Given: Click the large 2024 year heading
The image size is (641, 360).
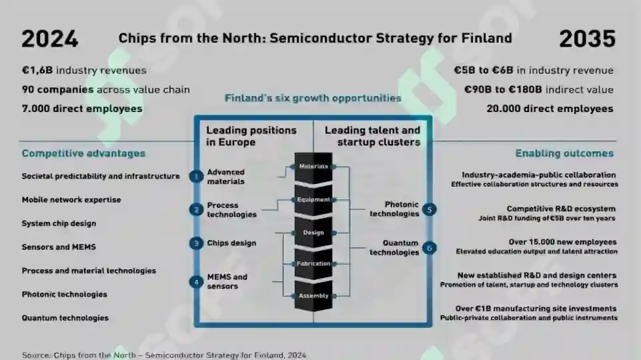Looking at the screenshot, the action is [x=50, y=39].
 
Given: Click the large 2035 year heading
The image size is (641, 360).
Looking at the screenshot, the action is [x=587, y=39].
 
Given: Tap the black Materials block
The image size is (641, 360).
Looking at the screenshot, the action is [x=313, y=167].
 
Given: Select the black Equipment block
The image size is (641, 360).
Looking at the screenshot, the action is [x=313, y=200].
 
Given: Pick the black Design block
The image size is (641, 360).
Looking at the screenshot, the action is [x=313, y=233].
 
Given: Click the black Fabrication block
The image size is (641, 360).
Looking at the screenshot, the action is [x=313, y=264].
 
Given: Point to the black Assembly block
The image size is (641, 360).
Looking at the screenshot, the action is [x=313, y=296].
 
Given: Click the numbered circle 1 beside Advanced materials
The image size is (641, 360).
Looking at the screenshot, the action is [x=196, y=177].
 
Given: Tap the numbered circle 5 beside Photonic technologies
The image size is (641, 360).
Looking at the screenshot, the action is [x=430, y=209].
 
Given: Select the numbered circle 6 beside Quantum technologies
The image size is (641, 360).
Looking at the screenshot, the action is [x=430, y=247].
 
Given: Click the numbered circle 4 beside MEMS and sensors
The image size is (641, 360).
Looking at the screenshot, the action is [x=196, y=282].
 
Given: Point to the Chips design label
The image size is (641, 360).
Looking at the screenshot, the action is [x=231, y=243].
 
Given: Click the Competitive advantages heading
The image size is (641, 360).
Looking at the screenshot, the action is [x=83, y=153].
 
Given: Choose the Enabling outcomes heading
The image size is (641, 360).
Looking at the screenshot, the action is [x=564, y=153].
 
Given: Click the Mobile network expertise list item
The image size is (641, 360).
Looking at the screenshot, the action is [x=71, y=200].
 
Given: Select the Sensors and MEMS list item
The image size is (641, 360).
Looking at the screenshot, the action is [x=59, y=247].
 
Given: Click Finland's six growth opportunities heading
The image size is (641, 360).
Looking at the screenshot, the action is [x=313, y=98].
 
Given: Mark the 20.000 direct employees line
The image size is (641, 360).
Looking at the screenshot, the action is [x=550, y=109].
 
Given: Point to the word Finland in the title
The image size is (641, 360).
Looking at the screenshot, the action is [x=486, y=39].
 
